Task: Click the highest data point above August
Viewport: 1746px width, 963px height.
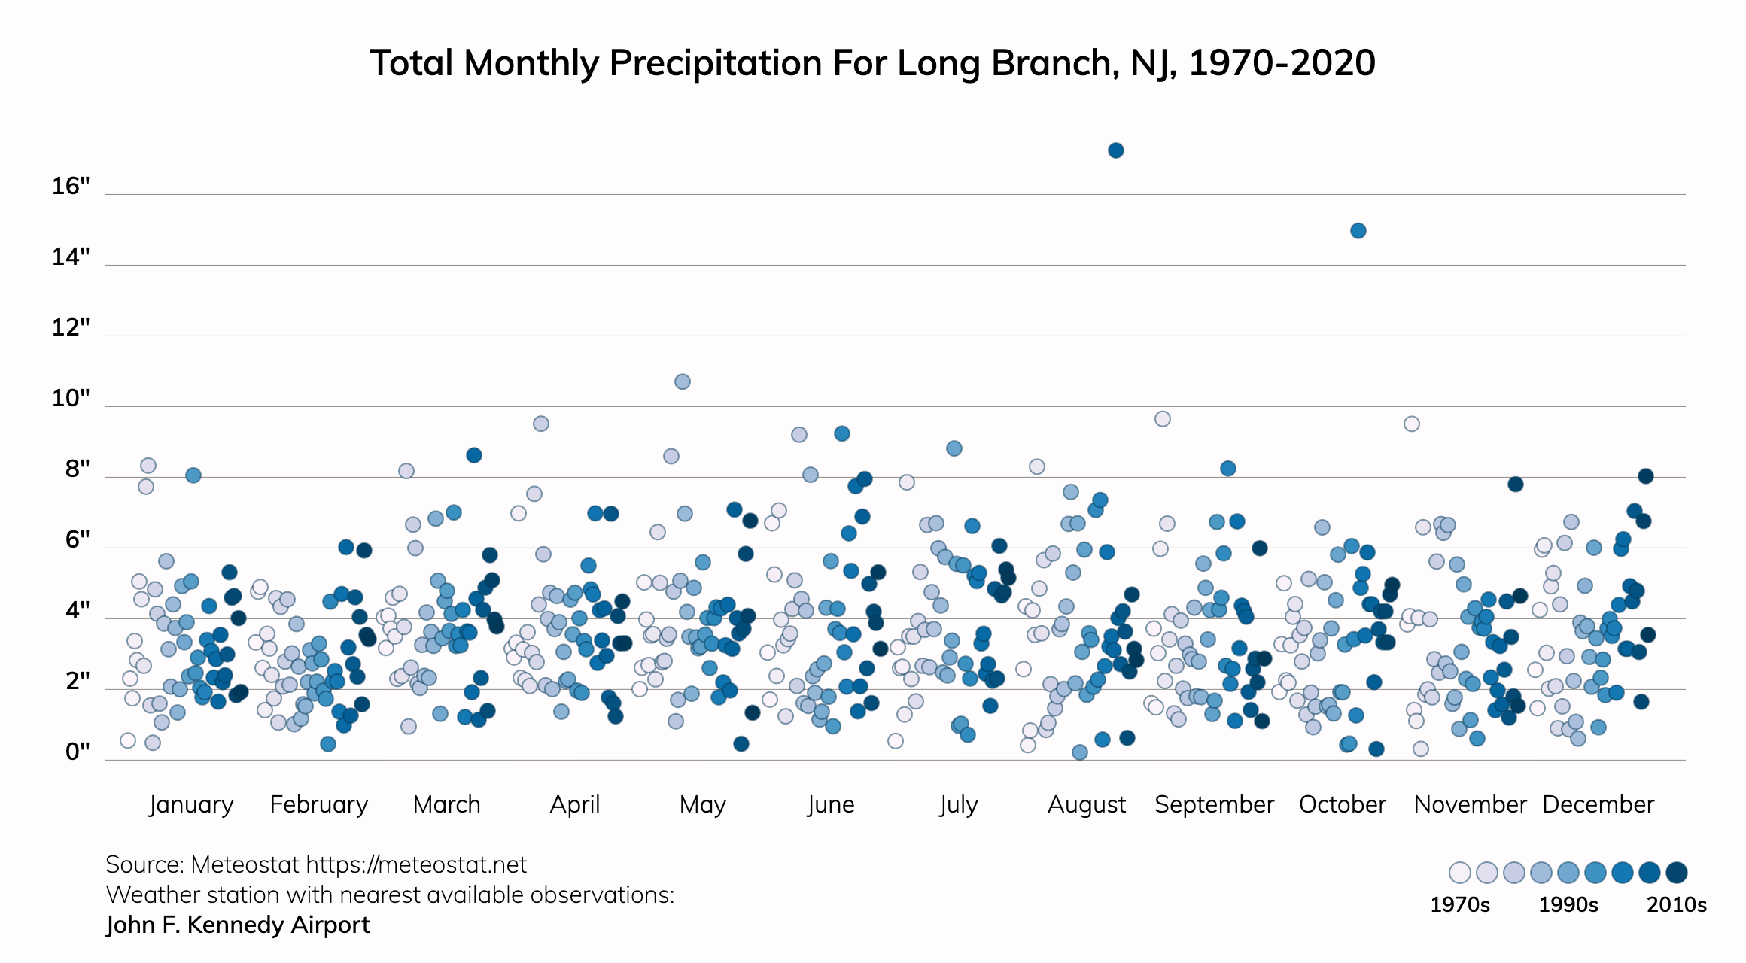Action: (1116, 150)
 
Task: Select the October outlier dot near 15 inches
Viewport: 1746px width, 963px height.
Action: (1358, 231)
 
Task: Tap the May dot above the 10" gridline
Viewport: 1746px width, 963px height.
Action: (683, 381)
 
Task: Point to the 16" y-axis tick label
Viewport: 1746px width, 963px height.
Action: (71, 186)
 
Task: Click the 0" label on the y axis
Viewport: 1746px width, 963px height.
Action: (78, 752)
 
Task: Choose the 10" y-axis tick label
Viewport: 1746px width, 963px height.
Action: (71, 398)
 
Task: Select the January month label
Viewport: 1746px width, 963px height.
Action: (191, 804)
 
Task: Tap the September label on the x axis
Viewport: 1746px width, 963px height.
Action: (1214, 804)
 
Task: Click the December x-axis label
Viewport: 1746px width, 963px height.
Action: (1598, 804)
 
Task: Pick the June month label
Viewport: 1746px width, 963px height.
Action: (831, 804)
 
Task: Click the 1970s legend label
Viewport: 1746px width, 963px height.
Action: (1460, 904)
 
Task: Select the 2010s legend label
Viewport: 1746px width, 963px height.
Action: (1676, 904)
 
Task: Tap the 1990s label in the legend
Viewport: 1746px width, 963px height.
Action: (1568, 904)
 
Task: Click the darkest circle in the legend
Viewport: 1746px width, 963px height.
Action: (1677, 873)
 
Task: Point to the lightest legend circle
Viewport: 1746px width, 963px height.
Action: (1460, 873)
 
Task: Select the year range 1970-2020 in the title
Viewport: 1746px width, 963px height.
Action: (1282, 63)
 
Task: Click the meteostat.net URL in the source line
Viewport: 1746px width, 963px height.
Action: (416, 865)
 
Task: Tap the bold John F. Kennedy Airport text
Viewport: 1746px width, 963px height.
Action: (238, 925)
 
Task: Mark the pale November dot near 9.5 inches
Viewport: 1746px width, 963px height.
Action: (1412, 424)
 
